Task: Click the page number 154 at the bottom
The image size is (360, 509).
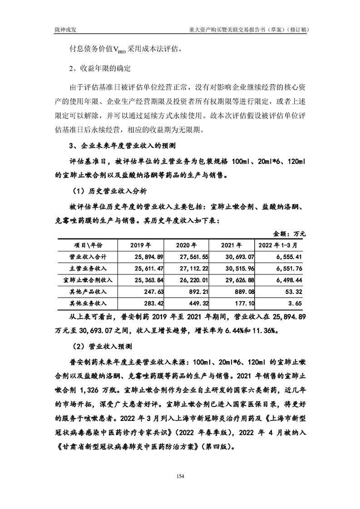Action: (x=180, y=476)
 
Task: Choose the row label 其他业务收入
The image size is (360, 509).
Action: (x=86, y=304)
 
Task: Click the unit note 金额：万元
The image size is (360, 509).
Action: (x=290, y=234)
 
